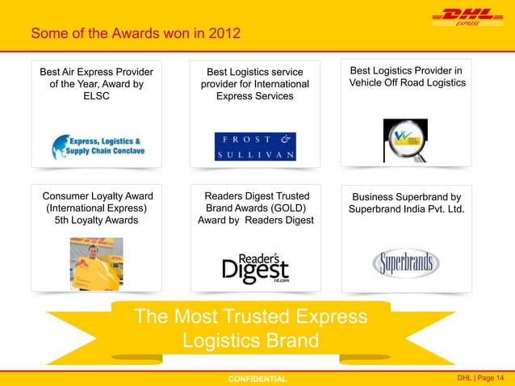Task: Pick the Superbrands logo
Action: [405, 263]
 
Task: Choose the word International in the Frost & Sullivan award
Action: [274, 84]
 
